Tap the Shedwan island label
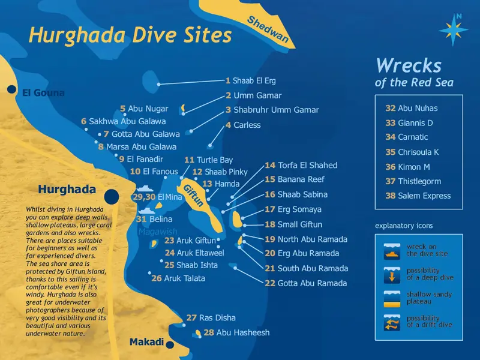tap(268, 31)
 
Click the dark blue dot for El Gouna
tap(11, 90)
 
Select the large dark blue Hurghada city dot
tap(112, 196)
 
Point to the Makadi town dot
tap(170, 344)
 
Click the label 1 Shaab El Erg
tap(251, 80)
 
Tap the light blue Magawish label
tap(157, 232)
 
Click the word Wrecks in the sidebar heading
tap(408, 65)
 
